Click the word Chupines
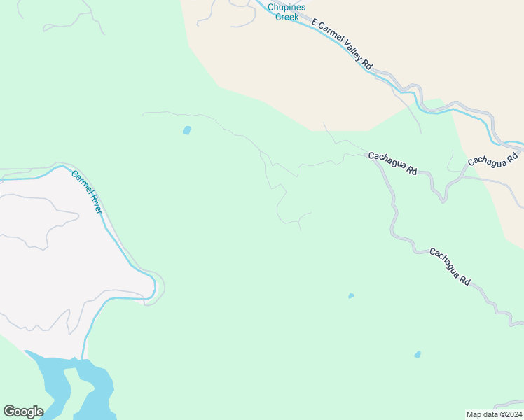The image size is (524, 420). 287,7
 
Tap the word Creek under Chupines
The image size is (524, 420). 287,17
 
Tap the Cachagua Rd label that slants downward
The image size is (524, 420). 449,265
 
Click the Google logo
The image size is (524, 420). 23,412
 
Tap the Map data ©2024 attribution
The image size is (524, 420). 494,414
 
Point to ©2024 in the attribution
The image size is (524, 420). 511,414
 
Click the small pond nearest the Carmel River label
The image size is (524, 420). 186,129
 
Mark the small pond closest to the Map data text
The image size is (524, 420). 418,354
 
